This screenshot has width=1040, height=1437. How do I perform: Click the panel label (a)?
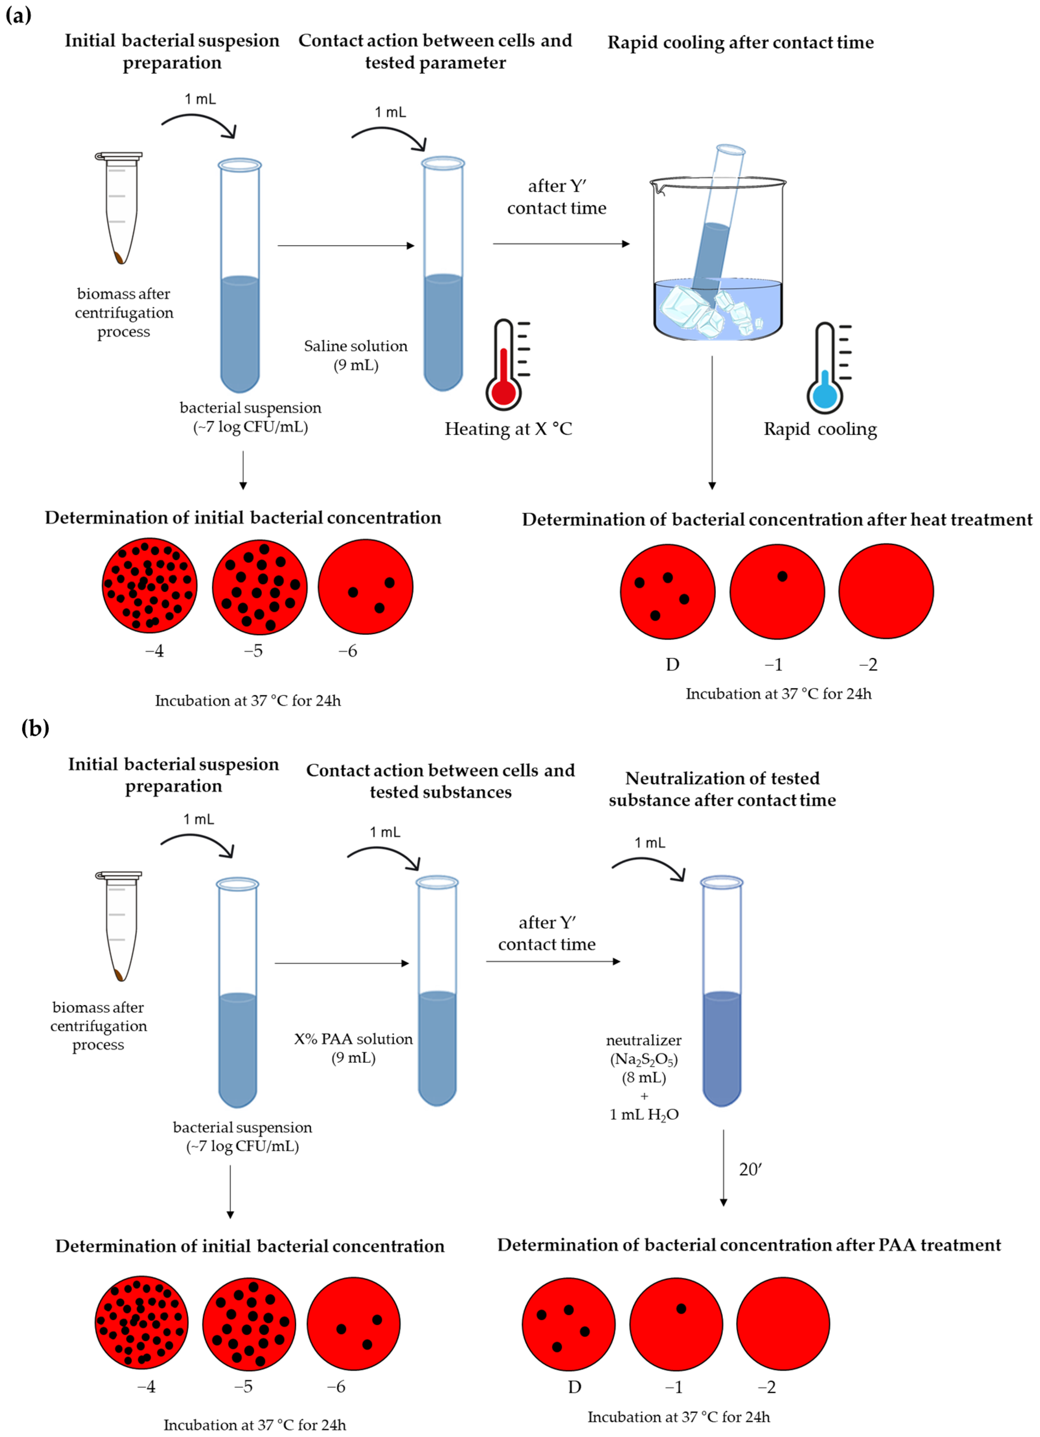click(18, 15)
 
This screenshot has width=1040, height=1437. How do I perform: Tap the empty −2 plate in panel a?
click(886, 591)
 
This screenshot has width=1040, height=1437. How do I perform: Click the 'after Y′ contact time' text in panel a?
click(556, 197)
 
